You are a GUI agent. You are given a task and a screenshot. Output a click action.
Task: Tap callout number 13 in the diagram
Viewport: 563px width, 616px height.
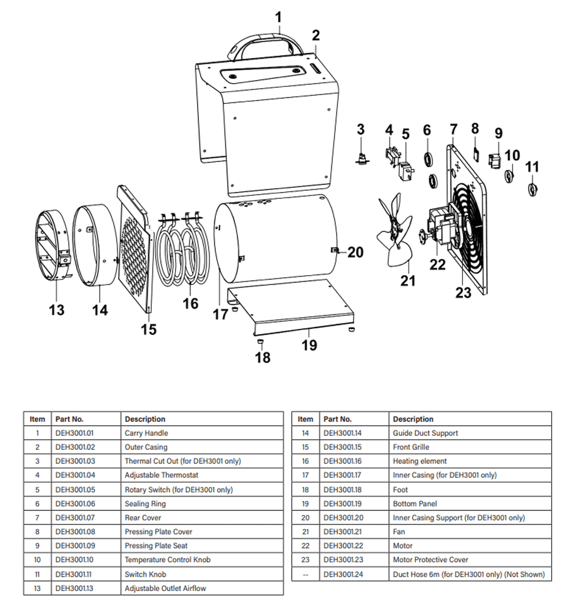pyautogui.click(x=56, y=310)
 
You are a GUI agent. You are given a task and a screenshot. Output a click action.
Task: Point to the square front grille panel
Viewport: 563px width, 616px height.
pyautogui.click(x=136, y=250)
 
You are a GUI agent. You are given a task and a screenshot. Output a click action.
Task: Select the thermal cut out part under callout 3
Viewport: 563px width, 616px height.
pyautogui.click(x=361, y=156)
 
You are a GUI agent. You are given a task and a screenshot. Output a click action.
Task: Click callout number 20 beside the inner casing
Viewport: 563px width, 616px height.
pyautogui.click(x=355, y=252)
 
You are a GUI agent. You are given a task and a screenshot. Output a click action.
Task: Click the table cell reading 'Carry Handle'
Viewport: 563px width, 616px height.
pyautogui.click(x=146, y=433)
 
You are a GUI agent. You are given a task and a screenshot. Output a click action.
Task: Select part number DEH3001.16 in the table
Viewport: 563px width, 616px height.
pyautogui.click(x=343, y=461)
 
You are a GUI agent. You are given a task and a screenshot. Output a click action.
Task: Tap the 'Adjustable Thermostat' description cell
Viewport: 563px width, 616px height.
pyautogui.click(x=161, y=475)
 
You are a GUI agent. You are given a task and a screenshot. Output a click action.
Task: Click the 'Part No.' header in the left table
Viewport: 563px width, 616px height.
pyautogui.click(x=69, y=419)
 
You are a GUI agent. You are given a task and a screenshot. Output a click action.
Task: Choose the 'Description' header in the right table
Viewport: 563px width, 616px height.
pyautogui.click(x=413, y=419)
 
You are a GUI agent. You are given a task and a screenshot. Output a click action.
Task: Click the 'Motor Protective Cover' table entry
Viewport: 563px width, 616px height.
pyautogui.click(x=430, y=560)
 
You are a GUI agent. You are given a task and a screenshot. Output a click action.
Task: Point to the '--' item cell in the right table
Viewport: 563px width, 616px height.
pyautogui.click(x=305, y=574)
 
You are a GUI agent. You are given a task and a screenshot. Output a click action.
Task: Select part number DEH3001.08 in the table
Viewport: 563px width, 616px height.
pyautogui.click(x=74, y=532)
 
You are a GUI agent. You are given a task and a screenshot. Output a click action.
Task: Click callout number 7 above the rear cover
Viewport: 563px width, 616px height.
pyautogui.click(x=454, y=129)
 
